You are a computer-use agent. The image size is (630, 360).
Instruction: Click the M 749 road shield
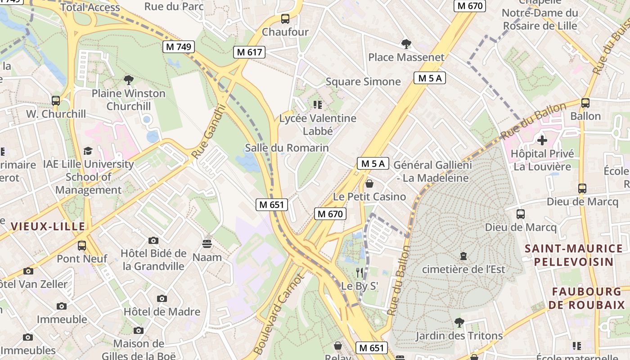pos(179,46)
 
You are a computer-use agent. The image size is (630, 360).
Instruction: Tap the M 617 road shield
pos(249,52)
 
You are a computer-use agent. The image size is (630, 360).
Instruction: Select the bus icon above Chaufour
pos(285,19)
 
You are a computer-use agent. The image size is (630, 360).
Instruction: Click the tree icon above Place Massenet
pos(406,44)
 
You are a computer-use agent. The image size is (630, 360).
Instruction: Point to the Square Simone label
pos(363,81)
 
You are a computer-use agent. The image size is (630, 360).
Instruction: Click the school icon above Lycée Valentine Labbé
pos(318,105)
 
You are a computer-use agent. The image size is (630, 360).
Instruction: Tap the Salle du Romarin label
pos(287,148)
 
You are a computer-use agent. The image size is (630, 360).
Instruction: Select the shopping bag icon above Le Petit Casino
pos(369,184)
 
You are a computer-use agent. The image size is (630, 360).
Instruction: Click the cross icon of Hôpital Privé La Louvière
pos(542,140)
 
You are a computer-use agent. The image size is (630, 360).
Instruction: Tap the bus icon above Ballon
pos(585,103)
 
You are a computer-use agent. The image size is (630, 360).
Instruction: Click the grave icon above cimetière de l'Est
pos(463,256)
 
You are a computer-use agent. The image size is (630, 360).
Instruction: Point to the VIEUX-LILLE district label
pos(48,226)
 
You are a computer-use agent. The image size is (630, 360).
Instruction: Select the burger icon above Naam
pos(207,244)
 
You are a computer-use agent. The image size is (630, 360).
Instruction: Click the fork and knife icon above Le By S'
pos(360,272)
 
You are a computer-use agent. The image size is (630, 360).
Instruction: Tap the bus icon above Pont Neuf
pos(82,246)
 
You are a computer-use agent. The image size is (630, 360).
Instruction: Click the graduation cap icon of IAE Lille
pos(88,151)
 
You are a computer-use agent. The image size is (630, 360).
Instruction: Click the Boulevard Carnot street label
pos(279,315)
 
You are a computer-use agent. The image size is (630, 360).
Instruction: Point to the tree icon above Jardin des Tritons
pos(459,322)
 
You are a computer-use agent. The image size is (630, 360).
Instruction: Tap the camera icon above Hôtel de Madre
pos(162,298)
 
